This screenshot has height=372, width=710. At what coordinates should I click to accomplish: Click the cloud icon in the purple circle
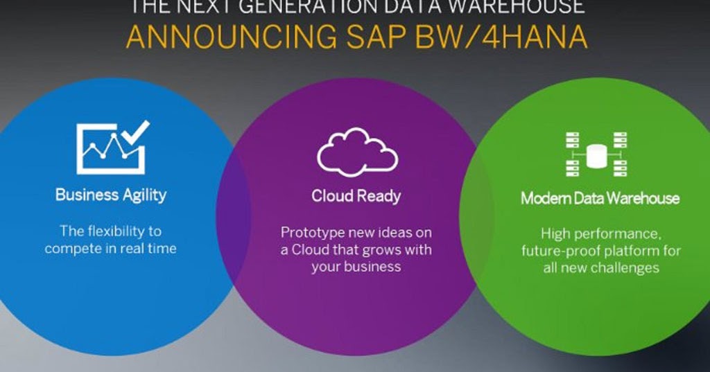pyautogui.click(x=357, y=152)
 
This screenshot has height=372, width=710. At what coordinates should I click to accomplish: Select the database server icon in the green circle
pyautogui.click(x=596, y=154)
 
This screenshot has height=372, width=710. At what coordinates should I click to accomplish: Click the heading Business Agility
pyautogui.click(x=111, y=195)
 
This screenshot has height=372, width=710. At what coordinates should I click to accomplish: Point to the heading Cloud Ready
pyautogui.click(x=356, y=196)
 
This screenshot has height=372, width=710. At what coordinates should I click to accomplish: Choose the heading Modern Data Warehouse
pyautogui.click(x=600, y=199)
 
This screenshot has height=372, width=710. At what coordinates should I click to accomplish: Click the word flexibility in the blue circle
pyautogui.click(x=122, y=231)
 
